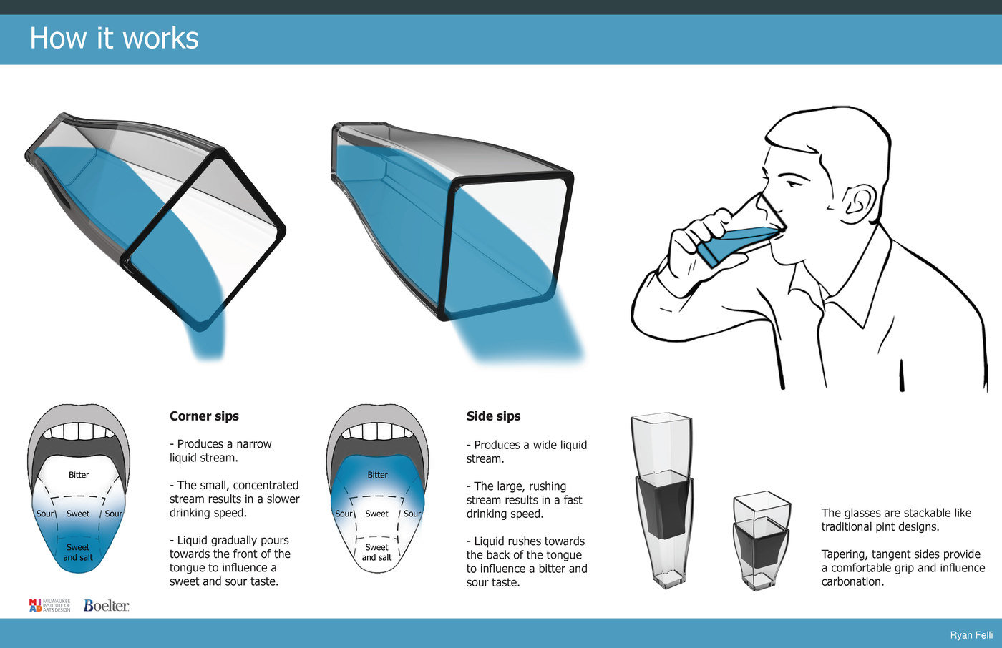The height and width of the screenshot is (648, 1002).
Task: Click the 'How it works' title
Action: point(114,38)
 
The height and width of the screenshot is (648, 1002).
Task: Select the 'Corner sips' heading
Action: point(204,416)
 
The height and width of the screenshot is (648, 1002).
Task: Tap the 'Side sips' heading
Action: point(493,416)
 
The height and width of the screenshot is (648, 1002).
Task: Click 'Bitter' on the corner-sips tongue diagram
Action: point(79,475)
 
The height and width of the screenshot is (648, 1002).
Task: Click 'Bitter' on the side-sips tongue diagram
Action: point(378,475)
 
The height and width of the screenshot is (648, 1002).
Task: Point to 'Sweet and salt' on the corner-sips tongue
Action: point(78,552)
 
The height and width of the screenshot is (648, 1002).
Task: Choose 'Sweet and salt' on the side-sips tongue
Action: point(376,552)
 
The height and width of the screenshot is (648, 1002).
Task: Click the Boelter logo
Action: point(106,606)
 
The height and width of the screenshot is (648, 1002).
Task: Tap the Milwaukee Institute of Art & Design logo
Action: point(49,606)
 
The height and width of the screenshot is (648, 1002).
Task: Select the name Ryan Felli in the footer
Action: point(971,635)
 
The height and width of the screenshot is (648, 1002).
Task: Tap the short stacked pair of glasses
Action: point(762,540)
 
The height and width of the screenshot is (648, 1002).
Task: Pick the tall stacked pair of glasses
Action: point(663,501)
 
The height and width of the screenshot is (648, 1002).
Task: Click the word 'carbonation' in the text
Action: point(852,582)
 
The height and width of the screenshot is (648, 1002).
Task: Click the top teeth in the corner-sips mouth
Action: point(79,431)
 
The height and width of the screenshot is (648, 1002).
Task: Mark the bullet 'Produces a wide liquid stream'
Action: point(527,452)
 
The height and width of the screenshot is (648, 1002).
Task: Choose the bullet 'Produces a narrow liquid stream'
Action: point(220,451)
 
